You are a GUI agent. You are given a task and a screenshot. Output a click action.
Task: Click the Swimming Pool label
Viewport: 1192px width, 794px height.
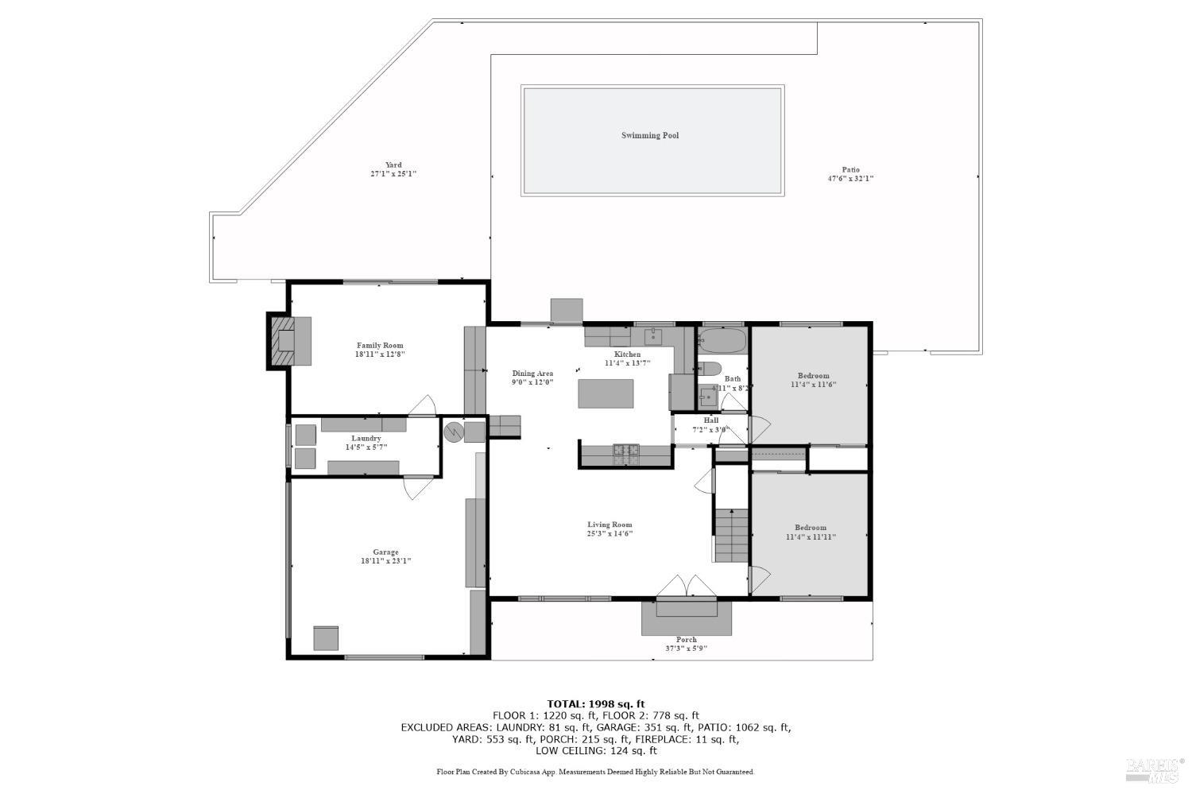coord(649,136)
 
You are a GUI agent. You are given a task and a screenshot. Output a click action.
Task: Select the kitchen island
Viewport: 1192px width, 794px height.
coord(606,393)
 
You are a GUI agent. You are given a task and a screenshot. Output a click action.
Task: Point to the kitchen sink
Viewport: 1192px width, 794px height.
coord(653,335)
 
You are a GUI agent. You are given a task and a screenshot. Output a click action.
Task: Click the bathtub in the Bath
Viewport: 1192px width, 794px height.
coord(722,342)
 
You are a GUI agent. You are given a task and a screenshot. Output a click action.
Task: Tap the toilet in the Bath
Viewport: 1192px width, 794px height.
coord(708,368)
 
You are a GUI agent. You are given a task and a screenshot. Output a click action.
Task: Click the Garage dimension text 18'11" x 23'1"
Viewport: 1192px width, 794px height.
coord(385,561)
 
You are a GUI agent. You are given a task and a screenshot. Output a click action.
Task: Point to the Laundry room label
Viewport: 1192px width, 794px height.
coord(366,439)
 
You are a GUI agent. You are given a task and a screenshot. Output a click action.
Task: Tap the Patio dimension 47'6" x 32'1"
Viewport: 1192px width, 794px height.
coord(850,179)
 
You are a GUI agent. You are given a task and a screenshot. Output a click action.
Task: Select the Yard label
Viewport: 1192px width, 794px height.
coord(393,165)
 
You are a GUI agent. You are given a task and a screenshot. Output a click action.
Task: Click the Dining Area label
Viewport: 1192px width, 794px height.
coord(532,374)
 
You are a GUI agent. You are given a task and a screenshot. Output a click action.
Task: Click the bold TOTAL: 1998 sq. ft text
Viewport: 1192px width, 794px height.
coord(595,703)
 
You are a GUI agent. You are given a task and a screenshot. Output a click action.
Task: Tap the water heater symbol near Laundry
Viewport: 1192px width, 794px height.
coord(454,432)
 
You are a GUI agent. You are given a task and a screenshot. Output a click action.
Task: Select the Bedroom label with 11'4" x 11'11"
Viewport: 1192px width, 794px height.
coord(811,528)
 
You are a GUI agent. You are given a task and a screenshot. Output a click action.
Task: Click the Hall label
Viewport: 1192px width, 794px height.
coord(710,420)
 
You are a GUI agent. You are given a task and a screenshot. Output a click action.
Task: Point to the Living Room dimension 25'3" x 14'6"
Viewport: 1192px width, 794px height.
coord(610,534)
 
